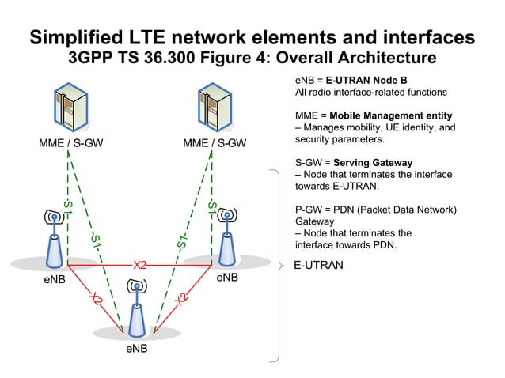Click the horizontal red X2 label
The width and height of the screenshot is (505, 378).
(139, 265)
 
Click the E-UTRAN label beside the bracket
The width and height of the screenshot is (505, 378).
(318, 266)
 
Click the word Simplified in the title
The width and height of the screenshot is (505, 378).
(78, 37)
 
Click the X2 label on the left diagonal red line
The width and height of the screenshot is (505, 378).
(96, 299)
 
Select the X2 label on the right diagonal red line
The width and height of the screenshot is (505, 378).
(180, 299)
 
